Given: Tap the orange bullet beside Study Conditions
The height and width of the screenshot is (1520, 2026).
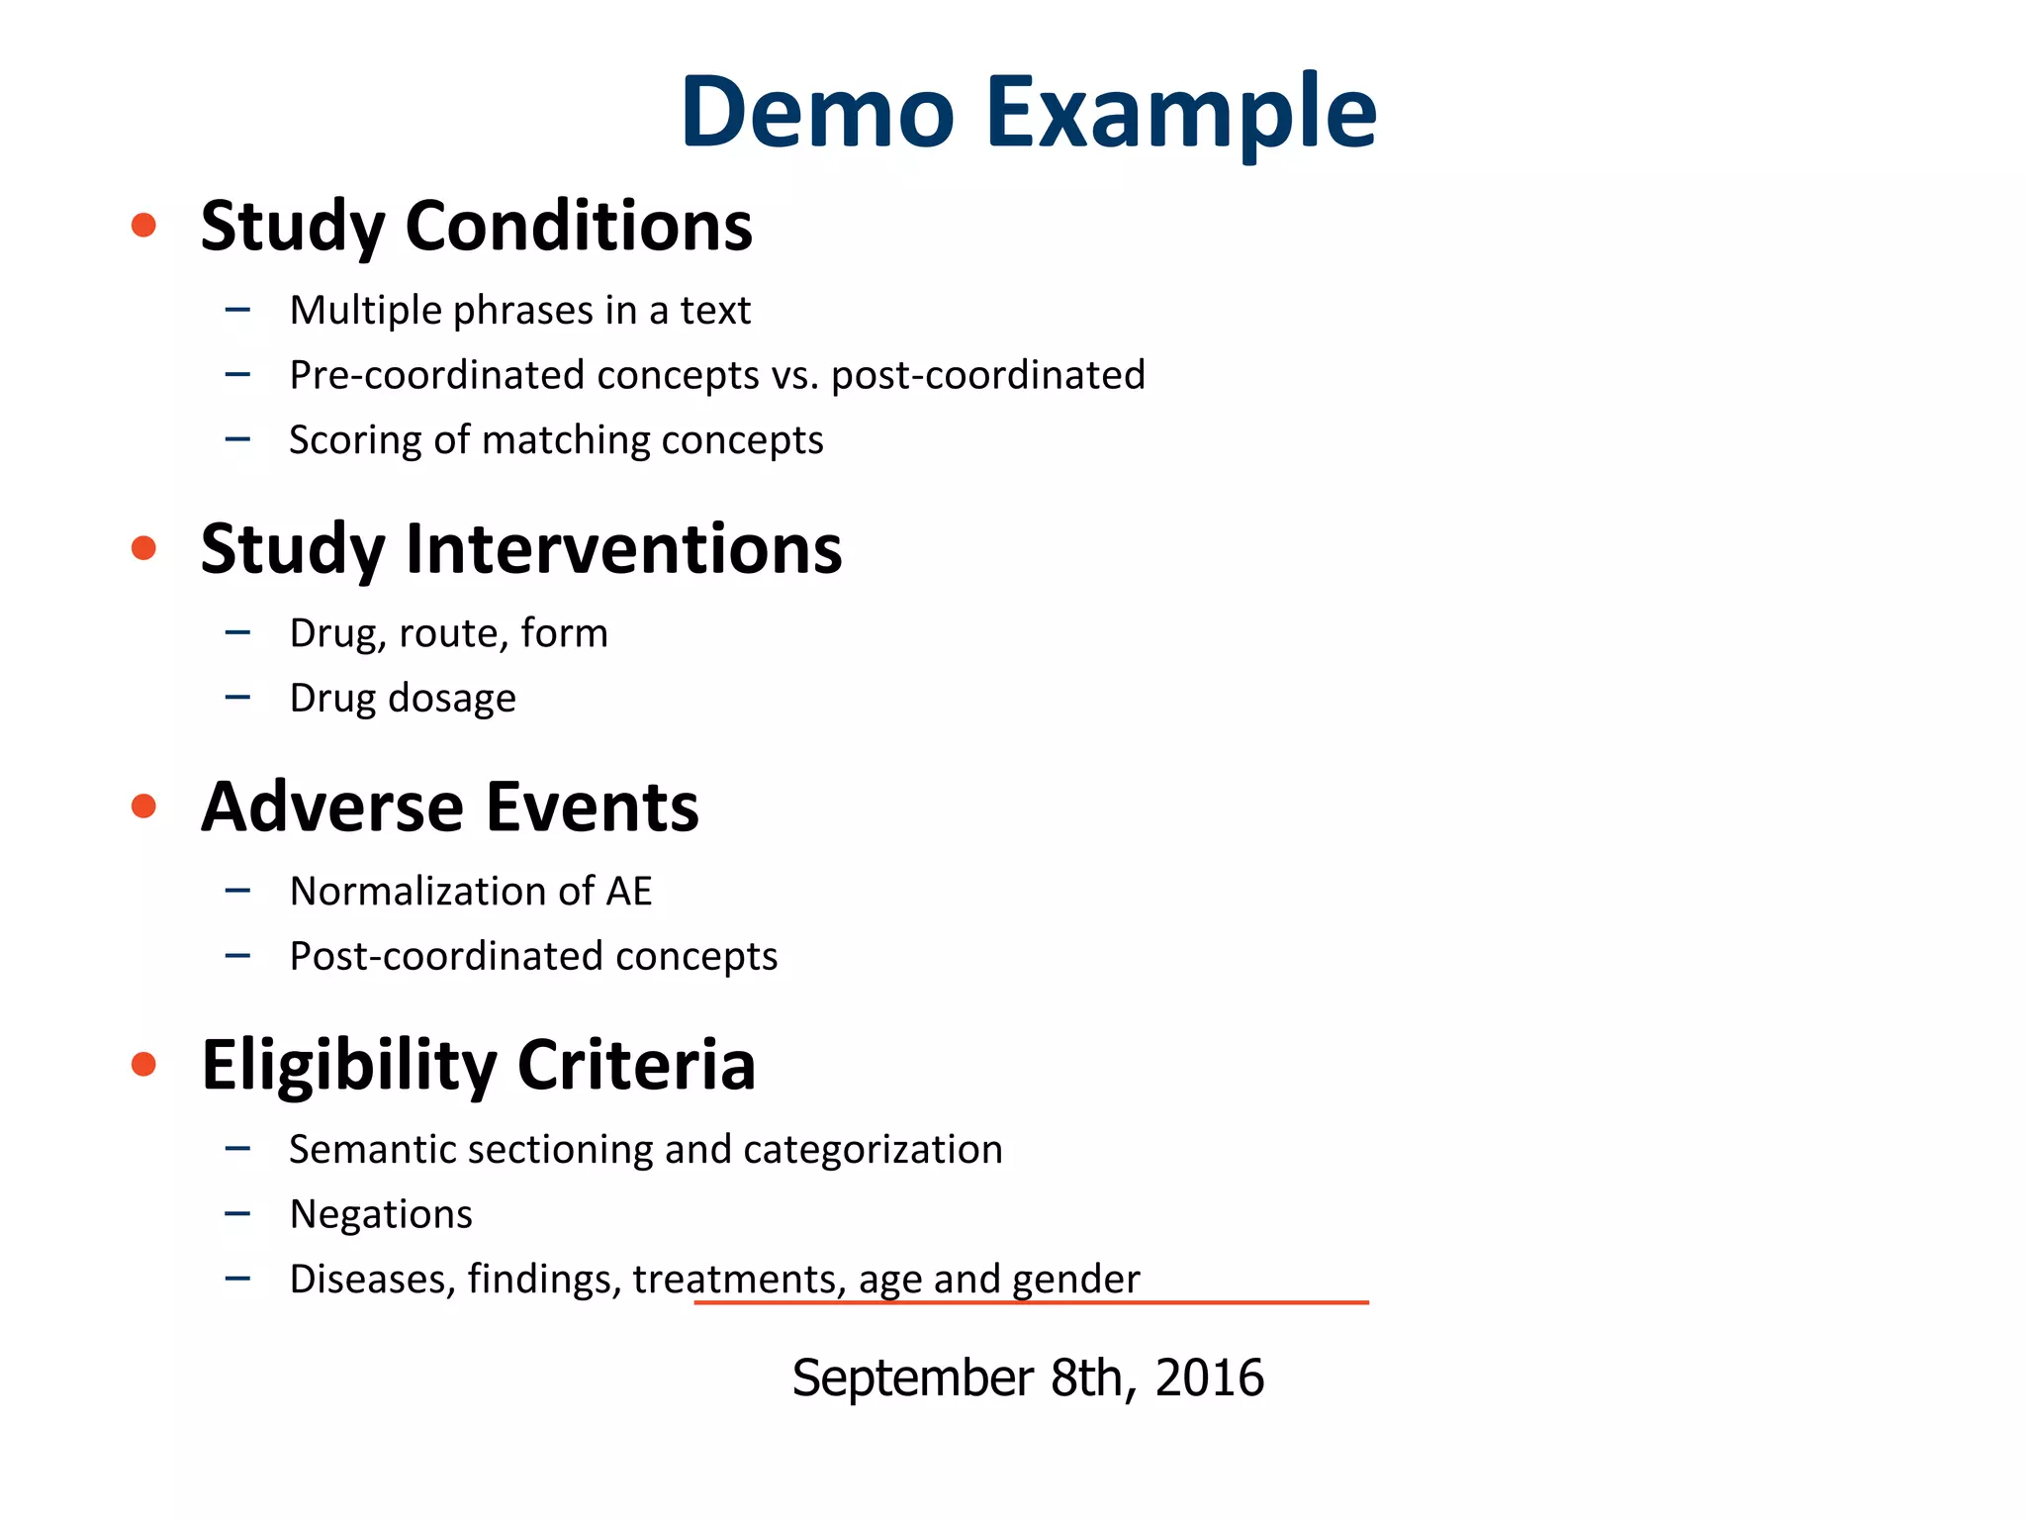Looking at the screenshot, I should tap(144, 226).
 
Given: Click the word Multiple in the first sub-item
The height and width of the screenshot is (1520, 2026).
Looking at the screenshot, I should tap(365, 311).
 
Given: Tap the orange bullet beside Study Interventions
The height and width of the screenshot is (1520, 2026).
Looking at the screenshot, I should tap(144, 548).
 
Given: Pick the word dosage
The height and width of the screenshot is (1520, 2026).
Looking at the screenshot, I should tap(452, 699).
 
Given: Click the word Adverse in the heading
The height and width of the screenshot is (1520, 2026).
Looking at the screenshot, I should tap(332, 807).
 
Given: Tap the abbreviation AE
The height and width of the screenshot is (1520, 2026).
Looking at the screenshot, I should tap(629, 892).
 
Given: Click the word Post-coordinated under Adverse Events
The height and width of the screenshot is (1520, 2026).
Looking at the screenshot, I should tap(446, 957).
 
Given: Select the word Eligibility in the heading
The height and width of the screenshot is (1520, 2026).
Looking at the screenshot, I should tap(349, 1065).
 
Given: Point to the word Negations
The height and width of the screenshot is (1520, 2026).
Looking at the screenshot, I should tap(381, 1214).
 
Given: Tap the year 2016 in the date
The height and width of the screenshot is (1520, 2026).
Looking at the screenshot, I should tap(1209, 1377).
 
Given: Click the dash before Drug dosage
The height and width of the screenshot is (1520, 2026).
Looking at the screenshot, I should tap(237, 698).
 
